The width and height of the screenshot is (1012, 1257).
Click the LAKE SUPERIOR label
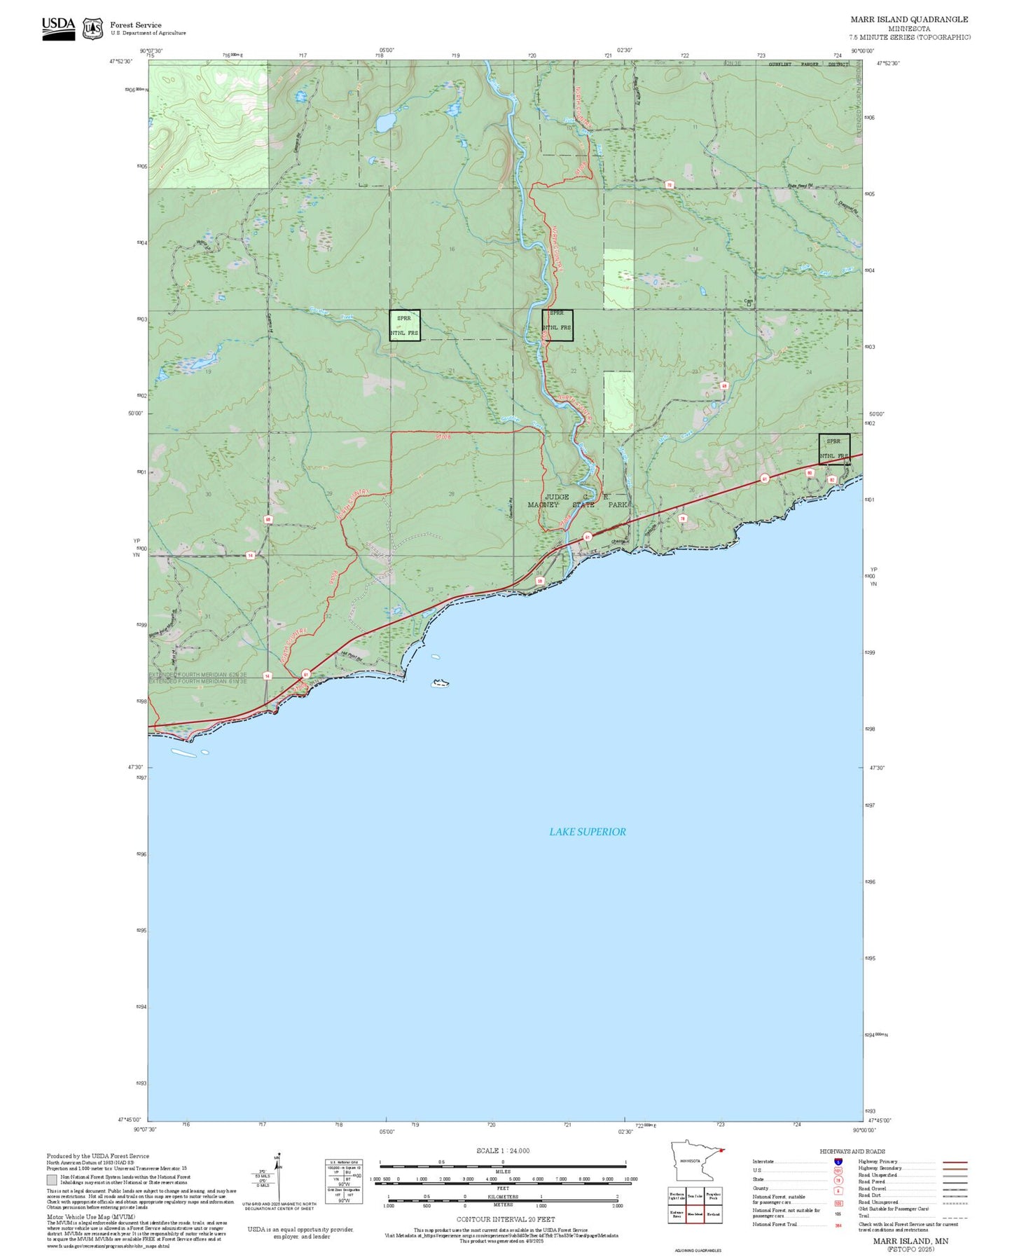[x=587, y=832]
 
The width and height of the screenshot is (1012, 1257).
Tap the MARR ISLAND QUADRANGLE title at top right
[x=909, y=20]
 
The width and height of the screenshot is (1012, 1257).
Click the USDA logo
[x=58, y=28]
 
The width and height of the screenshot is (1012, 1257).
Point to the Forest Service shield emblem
[x=92, y=29]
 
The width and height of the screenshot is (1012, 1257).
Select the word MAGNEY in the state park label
[x=543, y=504]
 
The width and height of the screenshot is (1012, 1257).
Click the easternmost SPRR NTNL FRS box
[x=834, y=448]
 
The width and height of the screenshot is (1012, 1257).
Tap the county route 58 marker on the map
[x=540, y=581]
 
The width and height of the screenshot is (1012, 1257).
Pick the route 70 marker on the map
[x=670, y=185]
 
